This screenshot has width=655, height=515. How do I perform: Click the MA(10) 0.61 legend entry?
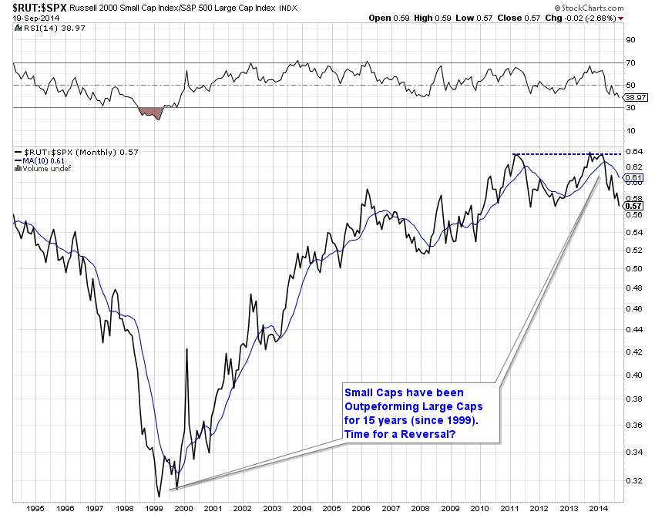click(x=45, y=160)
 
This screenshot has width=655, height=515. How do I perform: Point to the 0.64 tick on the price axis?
click(x=633, y=152)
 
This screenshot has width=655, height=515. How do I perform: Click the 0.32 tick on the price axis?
click(x=633, y=480)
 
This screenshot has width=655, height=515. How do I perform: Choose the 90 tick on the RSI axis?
click(x=629, y=40)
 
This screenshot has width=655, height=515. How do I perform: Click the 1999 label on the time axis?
click(x=154, y=510)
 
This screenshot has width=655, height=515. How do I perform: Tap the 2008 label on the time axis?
click(x=420, y=510)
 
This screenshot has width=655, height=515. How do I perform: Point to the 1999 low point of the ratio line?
click(x=160, y=496)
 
